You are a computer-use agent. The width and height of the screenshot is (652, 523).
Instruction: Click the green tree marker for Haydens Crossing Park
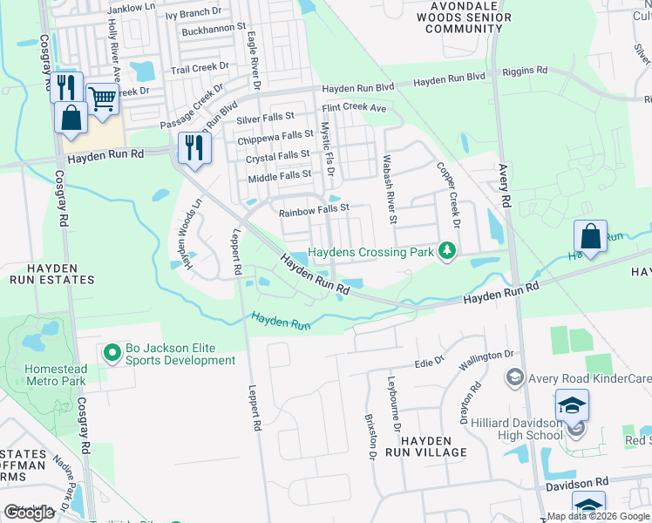tap(447, 251)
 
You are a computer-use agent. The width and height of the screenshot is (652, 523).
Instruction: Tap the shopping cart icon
tap(103, 100)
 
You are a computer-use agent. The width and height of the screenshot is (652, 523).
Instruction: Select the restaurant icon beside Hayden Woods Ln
tap(194, 147)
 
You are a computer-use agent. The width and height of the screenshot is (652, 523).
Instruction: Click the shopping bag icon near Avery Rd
tap(590, 237)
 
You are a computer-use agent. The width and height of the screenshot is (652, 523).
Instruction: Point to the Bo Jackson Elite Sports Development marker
tap(112, 353)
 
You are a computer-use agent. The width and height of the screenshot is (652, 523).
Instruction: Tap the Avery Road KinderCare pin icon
tap(514, 377)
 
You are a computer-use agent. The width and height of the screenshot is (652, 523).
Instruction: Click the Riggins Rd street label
tap(529, 71)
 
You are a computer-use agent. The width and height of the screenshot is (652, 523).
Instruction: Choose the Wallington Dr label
tap(486, 357)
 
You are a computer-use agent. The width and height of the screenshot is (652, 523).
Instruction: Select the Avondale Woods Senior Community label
tap(459, 17)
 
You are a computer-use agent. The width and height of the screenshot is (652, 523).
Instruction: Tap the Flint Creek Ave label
tap(354, 108)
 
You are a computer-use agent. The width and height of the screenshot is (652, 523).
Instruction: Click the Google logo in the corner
tap(29, 513)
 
